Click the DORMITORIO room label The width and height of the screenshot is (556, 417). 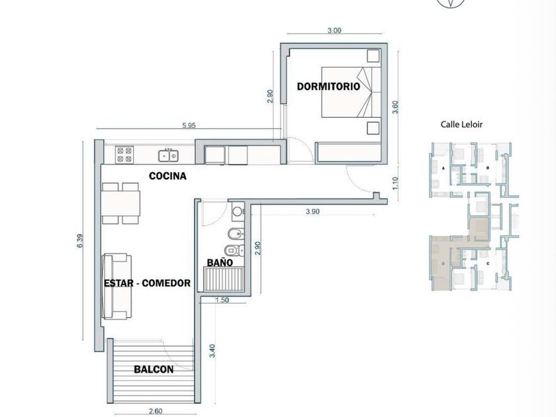point(328,86)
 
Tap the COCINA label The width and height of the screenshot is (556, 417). point(167,176)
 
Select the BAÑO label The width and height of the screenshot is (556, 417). point(220,262)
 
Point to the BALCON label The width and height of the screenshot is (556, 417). point(154,369)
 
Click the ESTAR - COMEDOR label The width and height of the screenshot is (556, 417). point(147,283)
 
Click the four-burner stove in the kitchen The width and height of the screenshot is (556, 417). point(124,155)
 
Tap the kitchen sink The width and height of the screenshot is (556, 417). point(168,156)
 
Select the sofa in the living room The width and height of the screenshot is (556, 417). point(116,287)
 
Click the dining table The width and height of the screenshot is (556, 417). point(120,203)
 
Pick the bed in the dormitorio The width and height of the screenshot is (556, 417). point(351,92)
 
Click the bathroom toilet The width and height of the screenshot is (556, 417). point(234,250)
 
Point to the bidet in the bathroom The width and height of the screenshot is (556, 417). point(236,234)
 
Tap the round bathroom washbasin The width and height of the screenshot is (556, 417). point(237,212)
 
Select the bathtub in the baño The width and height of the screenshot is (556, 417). point(224,279)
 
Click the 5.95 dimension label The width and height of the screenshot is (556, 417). point(189,125)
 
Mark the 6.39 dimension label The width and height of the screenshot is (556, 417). point(80,241)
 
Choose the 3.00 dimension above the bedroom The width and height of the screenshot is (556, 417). point(334,30)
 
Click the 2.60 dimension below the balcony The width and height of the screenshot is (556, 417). point(156,411)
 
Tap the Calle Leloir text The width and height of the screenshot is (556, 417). point(461,124)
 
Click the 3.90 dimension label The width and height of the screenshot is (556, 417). point(312,212)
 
